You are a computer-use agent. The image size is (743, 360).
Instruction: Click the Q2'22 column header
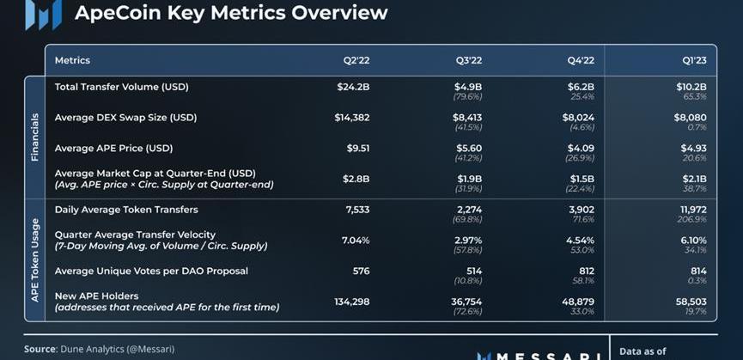pyautogui.click(x=356, y=60)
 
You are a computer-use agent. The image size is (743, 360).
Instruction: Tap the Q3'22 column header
pyautogui.click(x=468, y=60)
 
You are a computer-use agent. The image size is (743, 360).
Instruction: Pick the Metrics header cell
pyautogui.click(x=72, y=60)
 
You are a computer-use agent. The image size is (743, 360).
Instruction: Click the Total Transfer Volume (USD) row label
pyautogui.click(x=121, y=87)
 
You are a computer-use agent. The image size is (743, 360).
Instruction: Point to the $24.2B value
pyautogui.click(x=353, y=87)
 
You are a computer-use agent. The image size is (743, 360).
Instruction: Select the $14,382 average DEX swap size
pyautogui.click(x=352, y=117)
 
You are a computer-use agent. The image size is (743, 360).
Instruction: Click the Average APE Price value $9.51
pyautogui.click(x=358, y=148)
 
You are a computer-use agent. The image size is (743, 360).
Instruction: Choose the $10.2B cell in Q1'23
pyautogui.click(x=691, y=87)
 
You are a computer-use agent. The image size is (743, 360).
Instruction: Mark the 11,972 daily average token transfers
pyautogui.click(x=692, y=210)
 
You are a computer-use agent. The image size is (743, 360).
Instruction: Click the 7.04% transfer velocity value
pyautogui.click(x=356, y=240)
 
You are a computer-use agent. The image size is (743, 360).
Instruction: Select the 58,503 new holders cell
pyautogui.click(x=691, y=302)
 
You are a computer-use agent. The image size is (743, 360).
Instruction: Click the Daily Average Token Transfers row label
pyautogui.click(x=126, y=210)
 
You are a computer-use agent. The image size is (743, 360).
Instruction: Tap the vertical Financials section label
pyautogui.click(x=35, y=137)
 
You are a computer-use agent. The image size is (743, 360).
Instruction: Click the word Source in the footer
pyautogui.click(x=40, y=349)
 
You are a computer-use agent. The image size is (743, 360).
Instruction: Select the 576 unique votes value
pyautogui.click(x=360, y=271)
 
